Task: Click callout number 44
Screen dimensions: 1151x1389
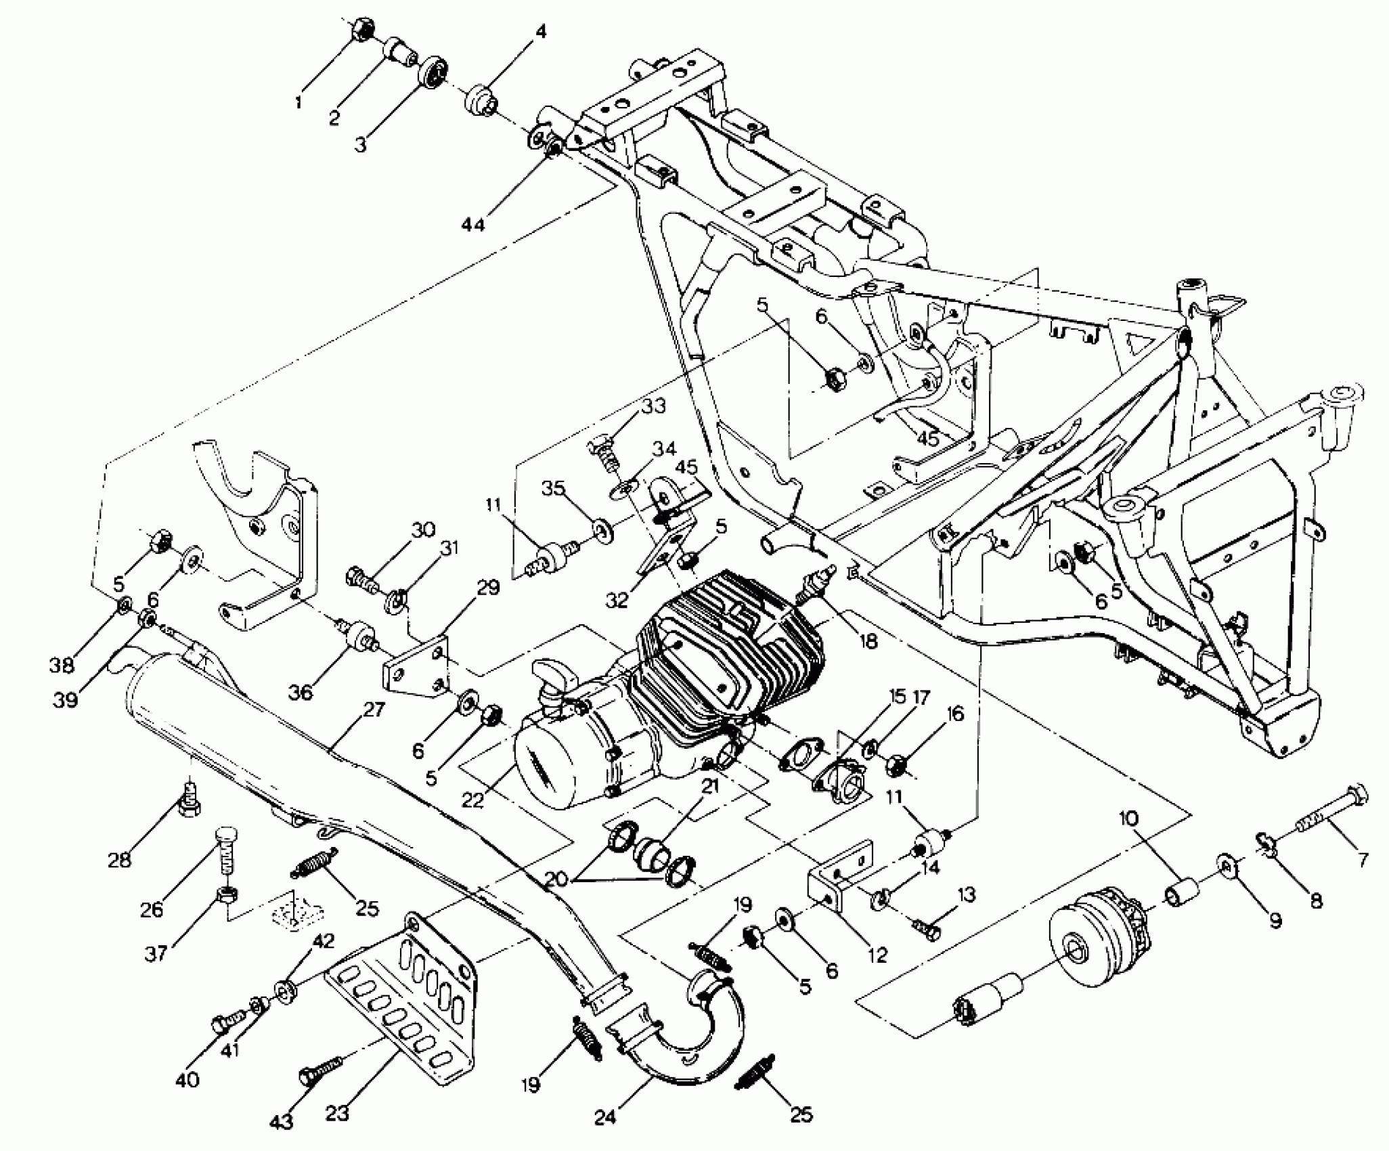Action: coord(473,223)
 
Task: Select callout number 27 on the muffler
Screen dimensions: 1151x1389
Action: coord(373,710)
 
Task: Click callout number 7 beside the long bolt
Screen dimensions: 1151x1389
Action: coord(1358,860)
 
